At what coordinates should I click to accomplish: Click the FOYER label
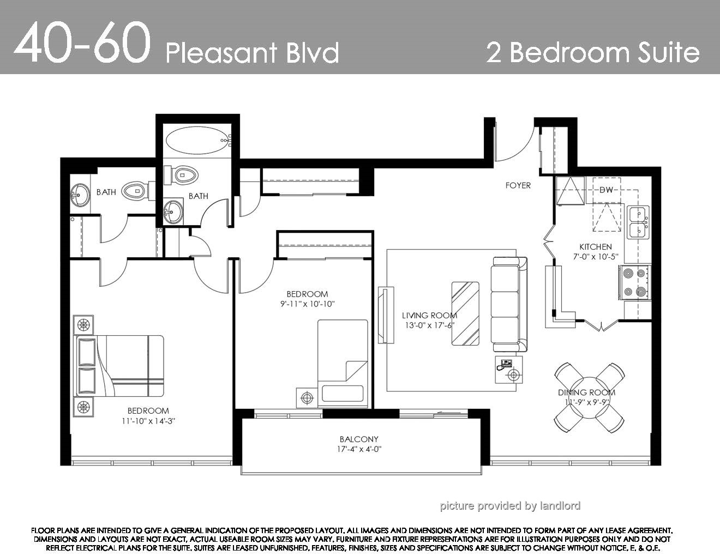(x=518, y=185)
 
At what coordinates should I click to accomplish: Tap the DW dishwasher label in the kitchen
(x=607, y=190)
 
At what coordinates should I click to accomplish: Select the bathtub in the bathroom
(x=198, y=141)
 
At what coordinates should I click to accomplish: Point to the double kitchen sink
(x=638, y=222)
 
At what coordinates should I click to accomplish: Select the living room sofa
(x=509, y=304)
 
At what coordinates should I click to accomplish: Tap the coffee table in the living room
(x=465, y=313)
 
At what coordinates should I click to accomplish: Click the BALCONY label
(x=359, y=439)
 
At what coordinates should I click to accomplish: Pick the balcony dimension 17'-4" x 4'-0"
(x=359, y=449)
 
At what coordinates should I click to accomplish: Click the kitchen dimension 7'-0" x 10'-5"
(x=596, y=257)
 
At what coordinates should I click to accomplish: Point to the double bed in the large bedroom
(x=120, y=366)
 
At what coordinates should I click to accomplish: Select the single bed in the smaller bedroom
(x=343, y=363)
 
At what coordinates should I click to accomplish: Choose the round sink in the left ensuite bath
(x=80, y=195)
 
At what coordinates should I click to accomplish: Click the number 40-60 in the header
(x=82, y=43)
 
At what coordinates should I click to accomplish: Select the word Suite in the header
(x=669, y=52)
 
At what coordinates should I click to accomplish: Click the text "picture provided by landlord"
(x=510, y=506)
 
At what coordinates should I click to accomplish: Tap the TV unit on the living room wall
(x=386, y=315)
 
